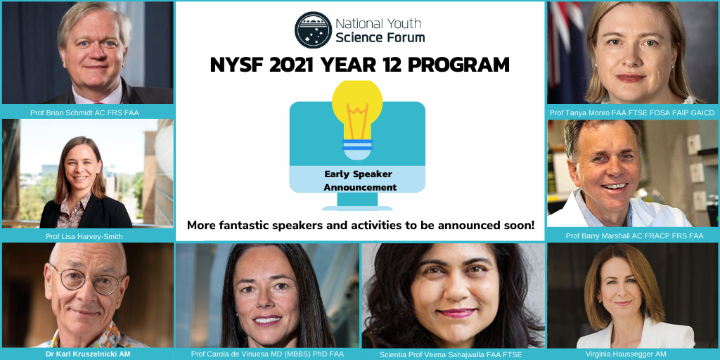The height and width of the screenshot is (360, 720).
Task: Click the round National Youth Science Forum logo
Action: [313, 30]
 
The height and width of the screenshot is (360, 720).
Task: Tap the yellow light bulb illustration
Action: [357, 118]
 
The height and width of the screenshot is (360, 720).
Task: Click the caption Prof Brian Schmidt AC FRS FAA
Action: [84, 112]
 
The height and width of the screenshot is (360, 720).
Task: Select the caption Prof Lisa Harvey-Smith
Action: [84, 236]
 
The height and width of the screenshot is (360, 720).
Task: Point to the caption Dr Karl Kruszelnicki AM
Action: [88, 354]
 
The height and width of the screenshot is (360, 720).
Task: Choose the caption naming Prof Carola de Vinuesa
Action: [267, 354]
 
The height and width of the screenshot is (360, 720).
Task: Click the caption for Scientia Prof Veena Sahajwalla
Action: [451, 354]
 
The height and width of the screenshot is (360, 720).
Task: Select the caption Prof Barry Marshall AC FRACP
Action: [635, 236]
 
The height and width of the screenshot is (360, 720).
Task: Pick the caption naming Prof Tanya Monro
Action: [632, 112]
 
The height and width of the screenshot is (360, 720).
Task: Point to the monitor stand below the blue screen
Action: [357, 202]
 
